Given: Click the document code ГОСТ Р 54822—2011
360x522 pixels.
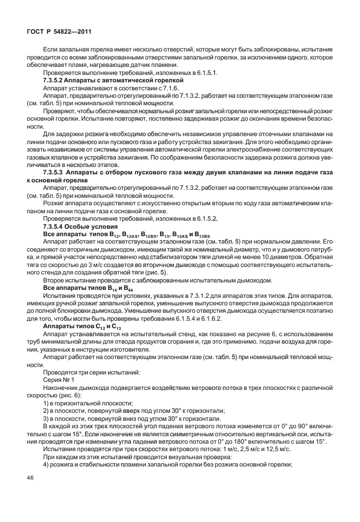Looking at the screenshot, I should point(53,32).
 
